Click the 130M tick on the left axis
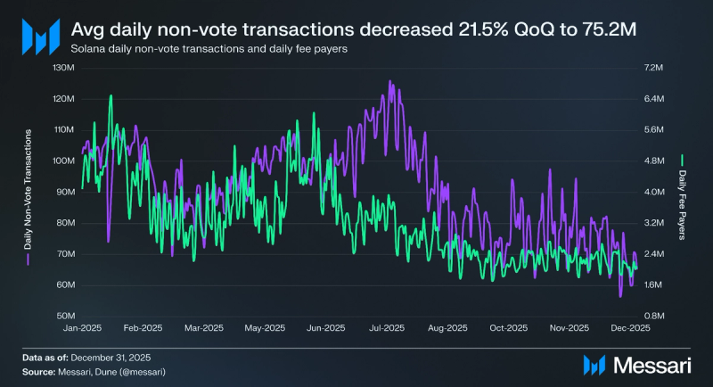(x=64, y=68)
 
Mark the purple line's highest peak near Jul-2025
(x=389, y=82)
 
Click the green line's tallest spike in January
(x=111, y=96)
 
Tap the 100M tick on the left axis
(x=64, y=161)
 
